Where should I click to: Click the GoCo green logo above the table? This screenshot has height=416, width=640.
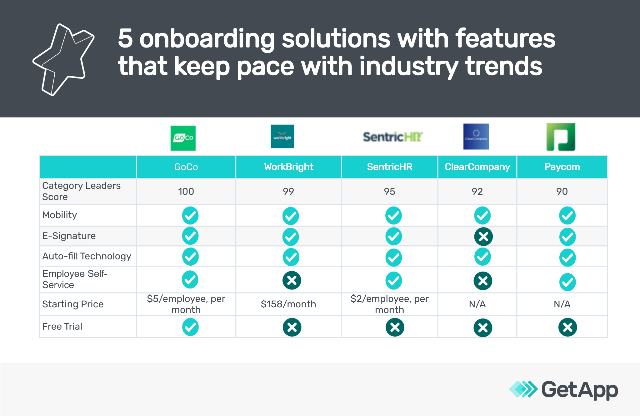point(183,138)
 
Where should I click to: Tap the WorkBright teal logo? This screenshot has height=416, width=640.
point(282,136)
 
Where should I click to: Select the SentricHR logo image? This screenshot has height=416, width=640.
point(392,137)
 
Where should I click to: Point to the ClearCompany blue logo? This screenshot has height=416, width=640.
point(476,137)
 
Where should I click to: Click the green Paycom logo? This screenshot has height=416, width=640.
point(561,137)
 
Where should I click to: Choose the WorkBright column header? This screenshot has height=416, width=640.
point(289,167)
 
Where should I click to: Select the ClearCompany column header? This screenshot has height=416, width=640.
point(477,167)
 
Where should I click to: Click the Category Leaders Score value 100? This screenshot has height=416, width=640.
point(186,191)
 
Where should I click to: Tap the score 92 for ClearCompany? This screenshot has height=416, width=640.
point(477,191)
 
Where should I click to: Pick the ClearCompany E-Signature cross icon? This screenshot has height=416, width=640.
point(483,237)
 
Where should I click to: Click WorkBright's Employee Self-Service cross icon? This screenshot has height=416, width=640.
point(292,280)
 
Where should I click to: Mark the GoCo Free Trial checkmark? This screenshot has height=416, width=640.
point(190,327)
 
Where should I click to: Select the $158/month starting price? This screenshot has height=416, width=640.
point(288,304)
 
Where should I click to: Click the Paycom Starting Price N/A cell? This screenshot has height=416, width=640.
point(562,304)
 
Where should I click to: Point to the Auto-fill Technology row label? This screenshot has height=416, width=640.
point(87,256)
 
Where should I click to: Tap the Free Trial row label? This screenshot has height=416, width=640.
point(62,327)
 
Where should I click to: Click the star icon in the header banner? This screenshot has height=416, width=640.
point(63,59)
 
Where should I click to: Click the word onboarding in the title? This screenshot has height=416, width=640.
point(207,38)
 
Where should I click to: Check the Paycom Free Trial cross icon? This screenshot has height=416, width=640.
point(567,327)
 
